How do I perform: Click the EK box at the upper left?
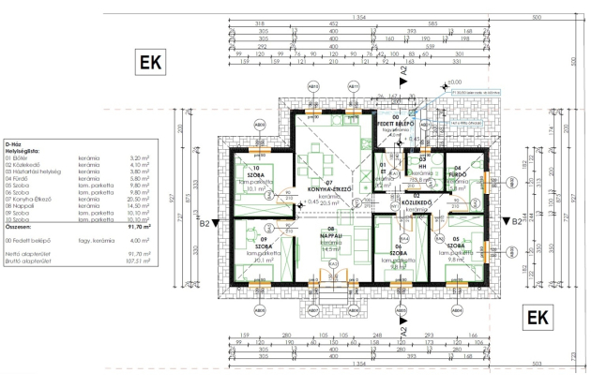[x=151, y=65]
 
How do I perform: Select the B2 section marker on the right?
[x=512, y=223]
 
